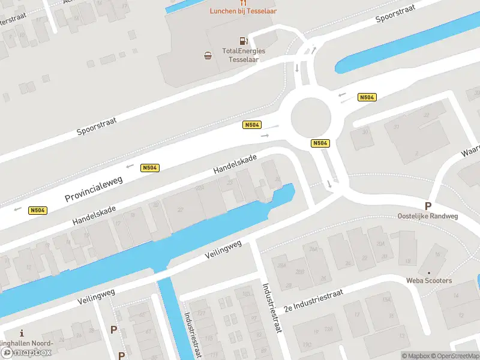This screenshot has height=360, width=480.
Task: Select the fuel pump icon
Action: coord(244,41)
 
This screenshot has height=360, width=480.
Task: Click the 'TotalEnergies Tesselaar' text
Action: coord(244,55)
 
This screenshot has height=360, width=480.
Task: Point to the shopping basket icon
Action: coord(208,55)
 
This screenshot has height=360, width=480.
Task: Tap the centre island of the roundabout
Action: coord(311,117)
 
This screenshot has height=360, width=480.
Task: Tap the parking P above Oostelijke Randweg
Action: coord(428,206)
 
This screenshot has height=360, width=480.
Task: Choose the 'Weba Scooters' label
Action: coord(428,280)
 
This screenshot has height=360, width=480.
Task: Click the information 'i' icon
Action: coord(22,333)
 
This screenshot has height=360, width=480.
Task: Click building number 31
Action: coord(396,127)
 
